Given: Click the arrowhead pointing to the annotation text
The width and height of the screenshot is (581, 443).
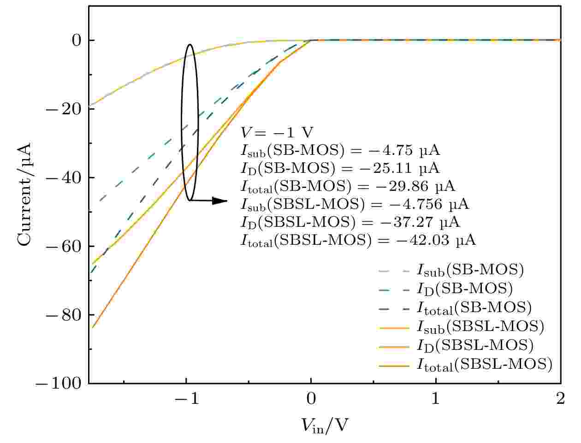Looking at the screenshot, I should pyautogui.click(x=221, y=201).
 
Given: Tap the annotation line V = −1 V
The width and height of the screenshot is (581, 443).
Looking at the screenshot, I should pyautogui.click(x=277, y=133).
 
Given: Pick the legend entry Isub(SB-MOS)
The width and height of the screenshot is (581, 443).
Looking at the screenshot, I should pyautogui.click(x=470, y=270).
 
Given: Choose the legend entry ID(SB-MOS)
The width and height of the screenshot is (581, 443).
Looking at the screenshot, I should pyautogui.click(x=464, y=289).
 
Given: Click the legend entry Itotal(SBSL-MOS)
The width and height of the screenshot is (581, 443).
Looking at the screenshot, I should pyautogui.click(x=484, y=365).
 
